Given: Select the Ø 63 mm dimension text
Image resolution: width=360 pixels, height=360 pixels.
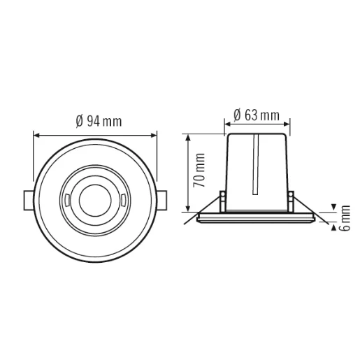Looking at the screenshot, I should (x=254, y=114).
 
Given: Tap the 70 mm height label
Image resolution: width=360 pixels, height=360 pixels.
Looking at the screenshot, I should (x=200, y=170).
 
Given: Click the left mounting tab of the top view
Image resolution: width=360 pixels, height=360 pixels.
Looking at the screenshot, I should (x=27, y=201).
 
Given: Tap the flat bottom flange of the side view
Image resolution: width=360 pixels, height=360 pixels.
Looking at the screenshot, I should (x=256, y=218).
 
